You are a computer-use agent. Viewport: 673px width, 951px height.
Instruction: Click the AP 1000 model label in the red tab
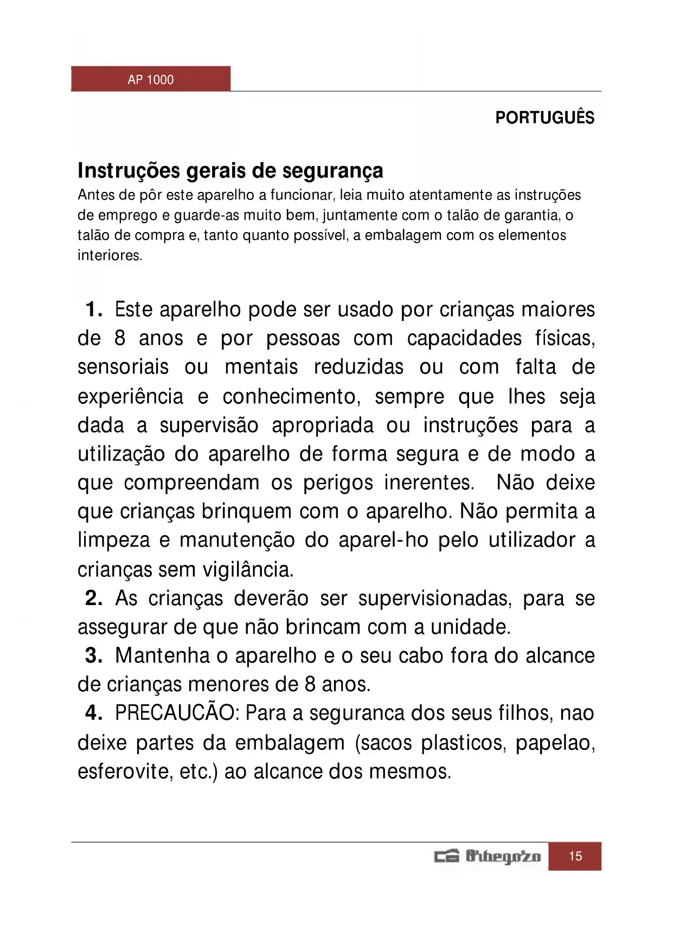tap(150, 80)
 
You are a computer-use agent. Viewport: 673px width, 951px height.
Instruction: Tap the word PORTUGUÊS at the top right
tap(544, 118)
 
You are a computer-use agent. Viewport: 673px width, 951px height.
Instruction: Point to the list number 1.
tap(93, 310)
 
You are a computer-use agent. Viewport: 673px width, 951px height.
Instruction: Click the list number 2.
tap(93, 598)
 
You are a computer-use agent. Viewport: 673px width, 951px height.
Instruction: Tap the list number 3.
tap(93, 656)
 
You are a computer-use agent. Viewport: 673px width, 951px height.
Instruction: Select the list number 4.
tap(93, 713)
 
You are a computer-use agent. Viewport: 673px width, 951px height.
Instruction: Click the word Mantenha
tap(162, 656)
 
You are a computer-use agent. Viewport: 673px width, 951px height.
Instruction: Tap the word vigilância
tap(248, 570)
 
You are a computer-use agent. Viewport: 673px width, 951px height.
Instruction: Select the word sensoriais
tap(123, 367)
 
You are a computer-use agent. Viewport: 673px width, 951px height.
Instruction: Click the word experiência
tap(130, 397)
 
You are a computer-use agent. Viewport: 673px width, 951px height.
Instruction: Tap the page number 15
tap(575, 856)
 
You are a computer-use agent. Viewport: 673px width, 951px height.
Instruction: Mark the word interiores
tap(110, 255)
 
